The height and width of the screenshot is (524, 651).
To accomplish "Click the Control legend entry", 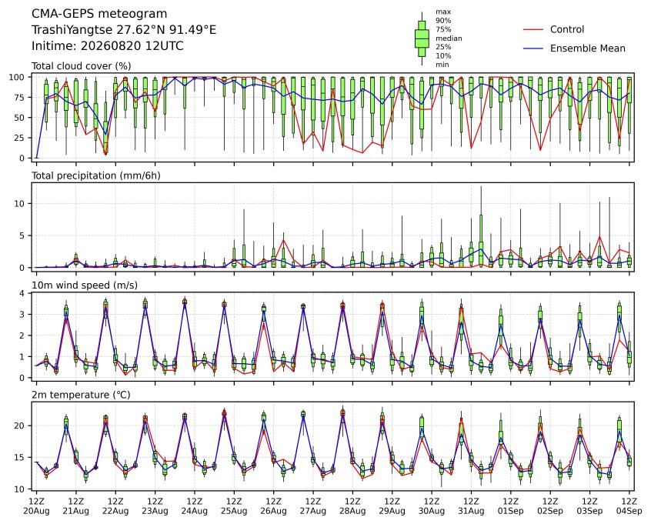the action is pyautogui.click(x=566, y=29).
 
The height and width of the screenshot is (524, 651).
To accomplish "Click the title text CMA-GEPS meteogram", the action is pyautogui.click(x=99, y=14).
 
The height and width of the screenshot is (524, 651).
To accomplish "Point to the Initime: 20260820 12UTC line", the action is pyautogui.click(x=108, y=45).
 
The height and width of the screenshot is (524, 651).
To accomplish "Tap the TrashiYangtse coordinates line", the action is pyautogui.click(x=124, y=30).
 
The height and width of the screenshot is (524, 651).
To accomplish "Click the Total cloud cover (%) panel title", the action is pyautogui.click(x=82, y=66).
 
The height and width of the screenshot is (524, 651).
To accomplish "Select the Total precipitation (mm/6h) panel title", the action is pyautogui.click(x=96, y=175).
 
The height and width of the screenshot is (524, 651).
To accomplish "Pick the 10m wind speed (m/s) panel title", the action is pyautogui.click(x=85, y=285).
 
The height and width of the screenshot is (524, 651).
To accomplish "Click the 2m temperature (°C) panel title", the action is pyautogui.click(x=81, y=395).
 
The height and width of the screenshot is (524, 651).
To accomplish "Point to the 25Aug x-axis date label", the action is pyautogui.click(x=234, y=511).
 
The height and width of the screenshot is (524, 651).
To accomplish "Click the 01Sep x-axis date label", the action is pyautogui.click(x=511, y=511).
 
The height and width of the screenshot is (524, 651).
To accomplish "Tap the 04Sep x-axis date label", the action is pyautogui.click(x=629, y=511).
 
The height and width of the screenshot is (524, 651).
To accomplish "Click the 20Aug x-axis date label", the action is pyautogui.click(x=36, y=511).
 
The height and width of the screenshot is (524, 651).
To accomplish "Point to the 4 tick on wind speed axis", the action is pyautogui.click(x=23, y=294).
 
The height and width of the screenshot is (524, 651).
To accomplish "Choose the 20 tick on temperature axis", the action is pyautogui.click(x=20, y=426).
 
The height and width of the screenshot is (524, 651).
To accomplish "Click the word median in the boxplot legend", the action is pyautogui.click(x=449, y=38).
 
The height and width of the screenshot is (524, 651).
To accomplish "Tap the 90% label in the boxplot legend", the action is pyautogui.click(x=443, y=21).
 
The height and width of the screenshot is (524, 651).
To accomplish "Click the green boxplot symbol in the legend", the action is pyautogui.click(x=422, y=38).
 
